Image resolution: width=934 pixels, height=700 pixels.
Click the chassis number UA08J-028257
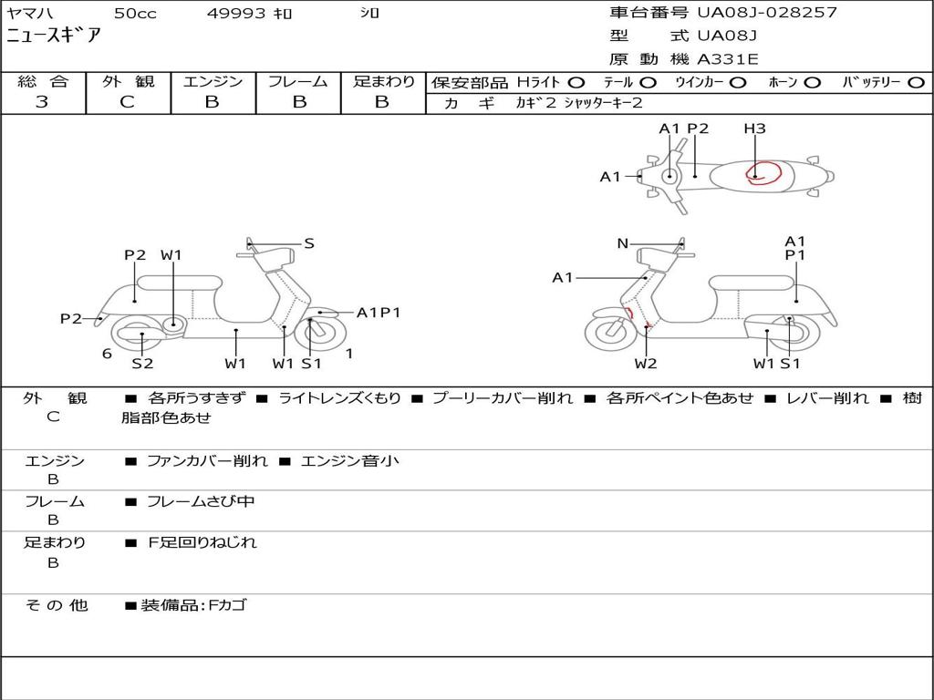(x=766, y=13)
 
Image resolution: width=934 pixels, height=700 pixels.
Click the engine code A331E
(x=727, y=59)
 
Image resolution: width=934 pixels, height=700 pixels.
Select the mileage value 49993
(x=234, y=14)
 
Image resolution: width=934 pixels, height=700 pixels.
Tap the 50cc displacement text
(x=134, y=14)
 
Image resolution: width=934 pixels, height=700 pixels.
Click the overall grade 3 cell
(x=42, y=102)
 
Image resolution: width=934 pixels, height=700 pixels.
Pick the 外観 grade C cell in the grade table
(x=128, y=102)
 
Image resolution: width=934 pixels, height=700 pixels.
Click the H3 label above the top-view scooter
(x=754, y=129)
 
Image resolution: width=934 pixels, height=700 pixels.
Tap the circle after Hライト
(x=576, y=82)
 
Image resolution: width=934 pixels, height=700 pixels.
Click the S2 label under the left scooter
(x=142, y=364)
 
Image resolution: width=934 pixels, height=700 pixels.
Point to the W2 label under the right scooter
(x=646, y=364)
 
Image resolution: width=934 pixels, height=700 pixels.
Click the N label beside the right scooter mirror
(x=623, y=243)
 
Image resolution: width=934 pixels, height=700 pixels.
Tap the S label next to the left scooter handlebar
(x=309, y=243)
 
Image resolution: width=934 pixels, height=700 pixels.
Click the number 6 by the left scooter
(x=107, y=354)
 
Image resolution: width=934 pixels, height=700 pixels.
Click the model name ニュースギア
(x=54, y=36)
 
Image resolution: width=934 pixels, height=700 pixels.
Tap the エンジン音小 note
(x=349, y=461)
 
